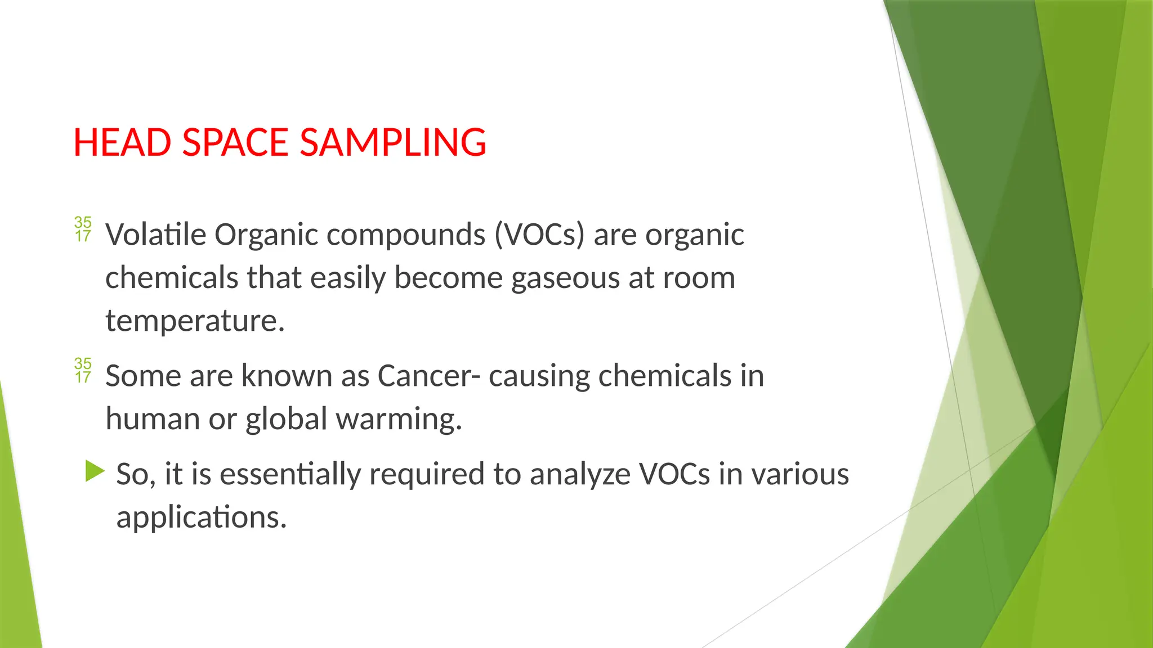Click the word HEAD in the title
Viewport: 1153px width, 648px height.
coord(122,142)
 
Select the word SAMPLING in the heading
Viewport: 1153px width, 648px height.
coord(393,142)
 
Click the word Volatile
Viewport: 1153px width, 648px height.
coord(156,235)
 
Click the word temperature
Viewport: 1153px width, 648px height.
coord(195,321)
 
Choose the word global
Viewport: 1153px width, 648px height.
coord(286,420)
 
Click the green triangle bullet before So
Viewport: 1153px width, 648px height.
coord(95,471)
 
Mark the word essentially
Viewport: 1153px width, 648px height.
coord(290,474)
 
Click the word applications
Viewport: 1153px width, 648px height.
coord(201,517)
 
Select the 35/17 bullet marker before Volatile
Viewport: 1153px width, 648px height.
coord(83,229)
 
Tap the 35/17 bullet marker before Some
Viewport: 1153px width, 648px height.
coord(83,370)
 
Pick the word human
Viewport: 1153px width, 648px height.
coord(153,420)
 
